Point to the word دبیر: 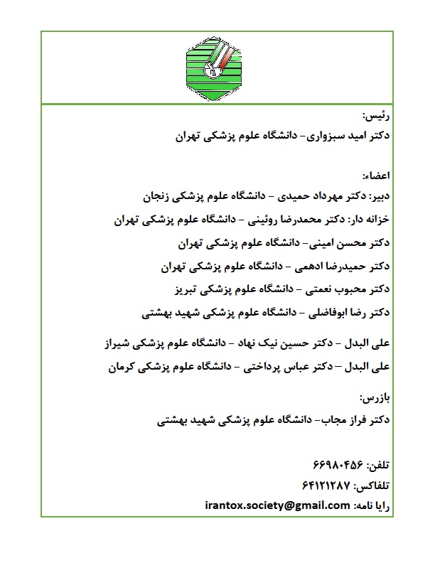click(380, 194)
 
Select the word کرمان click(124, 368)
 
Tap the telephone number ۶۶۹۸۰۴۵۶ click(337, 466)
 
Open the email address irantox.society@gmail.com click(276, 505)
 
